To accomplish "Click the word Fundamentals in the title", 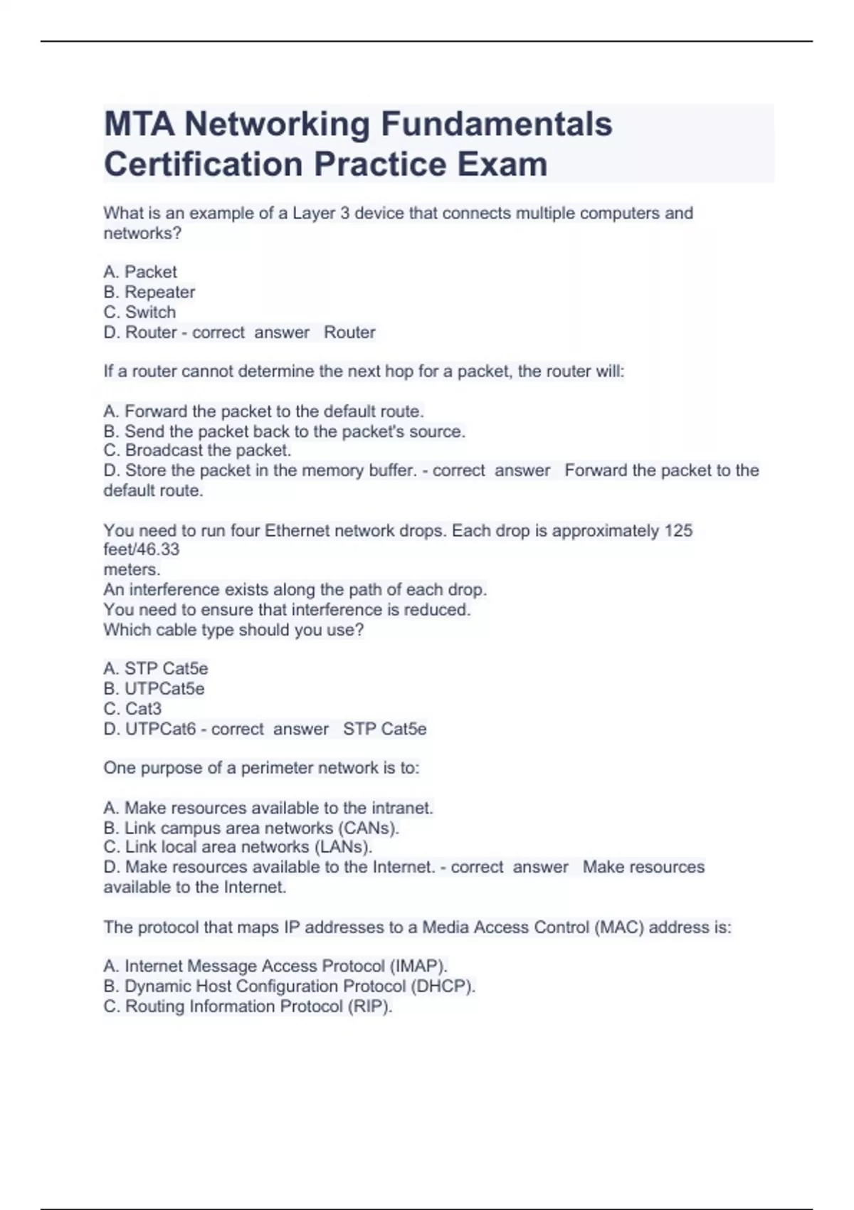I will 496,124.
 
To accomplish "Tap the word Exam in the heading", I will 502,164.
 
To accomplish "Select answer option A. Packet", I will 140,272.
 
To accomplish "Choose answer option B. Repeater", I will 149,292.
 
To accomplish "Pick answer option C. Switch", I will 139,312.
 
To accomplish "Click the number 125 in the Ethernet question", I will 678,530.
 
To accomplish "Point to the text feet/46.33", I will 142,549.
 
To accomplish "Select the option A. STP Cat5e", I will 156,668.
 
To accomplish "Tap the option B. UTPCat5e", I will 154,688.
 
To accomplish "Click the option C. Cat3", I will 132,708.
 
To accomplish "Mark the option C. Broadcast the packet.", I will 197,451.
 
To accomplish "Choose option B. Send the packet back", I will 284,431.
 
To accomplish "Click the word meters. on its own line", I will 132,569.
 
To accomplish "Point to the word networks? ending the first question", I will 142,233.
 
